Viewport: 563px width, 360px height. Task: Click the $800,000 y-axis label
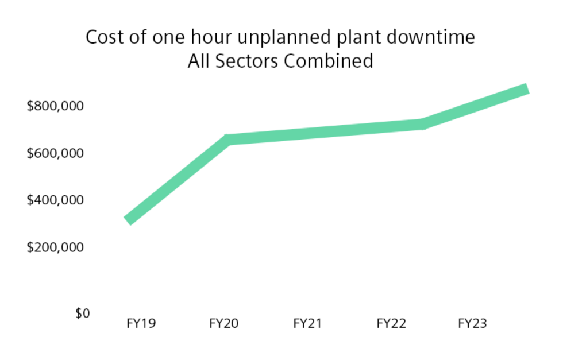(x=56, y=107)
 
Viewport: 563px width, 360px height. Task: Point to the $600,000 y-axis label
(x=56, y=154)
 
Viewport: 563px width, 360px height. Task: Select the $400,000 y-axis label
(x=56, y=201)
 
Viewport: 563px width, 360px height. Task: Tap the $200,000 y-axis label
(x=56, y=247)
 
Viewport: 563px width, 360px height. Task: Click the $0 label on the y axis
(x=82, y=314)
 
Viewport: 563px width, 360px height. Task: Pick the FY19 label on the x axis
(x=141, y=324)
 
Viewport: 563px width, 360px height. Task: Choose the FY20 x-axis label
(x=224, y=324)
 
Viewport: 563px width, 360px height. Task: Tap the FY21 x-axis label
(x=307, y=324)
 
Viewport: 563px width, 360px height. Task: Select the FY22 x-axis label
(x=391, y=324)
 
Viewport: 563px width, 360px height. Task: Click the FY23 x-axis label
(x=472, y=324)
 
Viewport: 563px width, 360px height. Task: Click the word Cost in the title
(x=103, y=38)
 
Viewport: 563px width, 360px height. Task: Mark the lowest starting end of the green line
(x=129, y=220)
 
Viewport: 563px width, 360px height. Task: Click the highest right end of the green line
(x=526, y=88)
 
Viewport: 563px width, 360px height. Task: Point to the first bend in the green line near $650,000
(x=228, y=140)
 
